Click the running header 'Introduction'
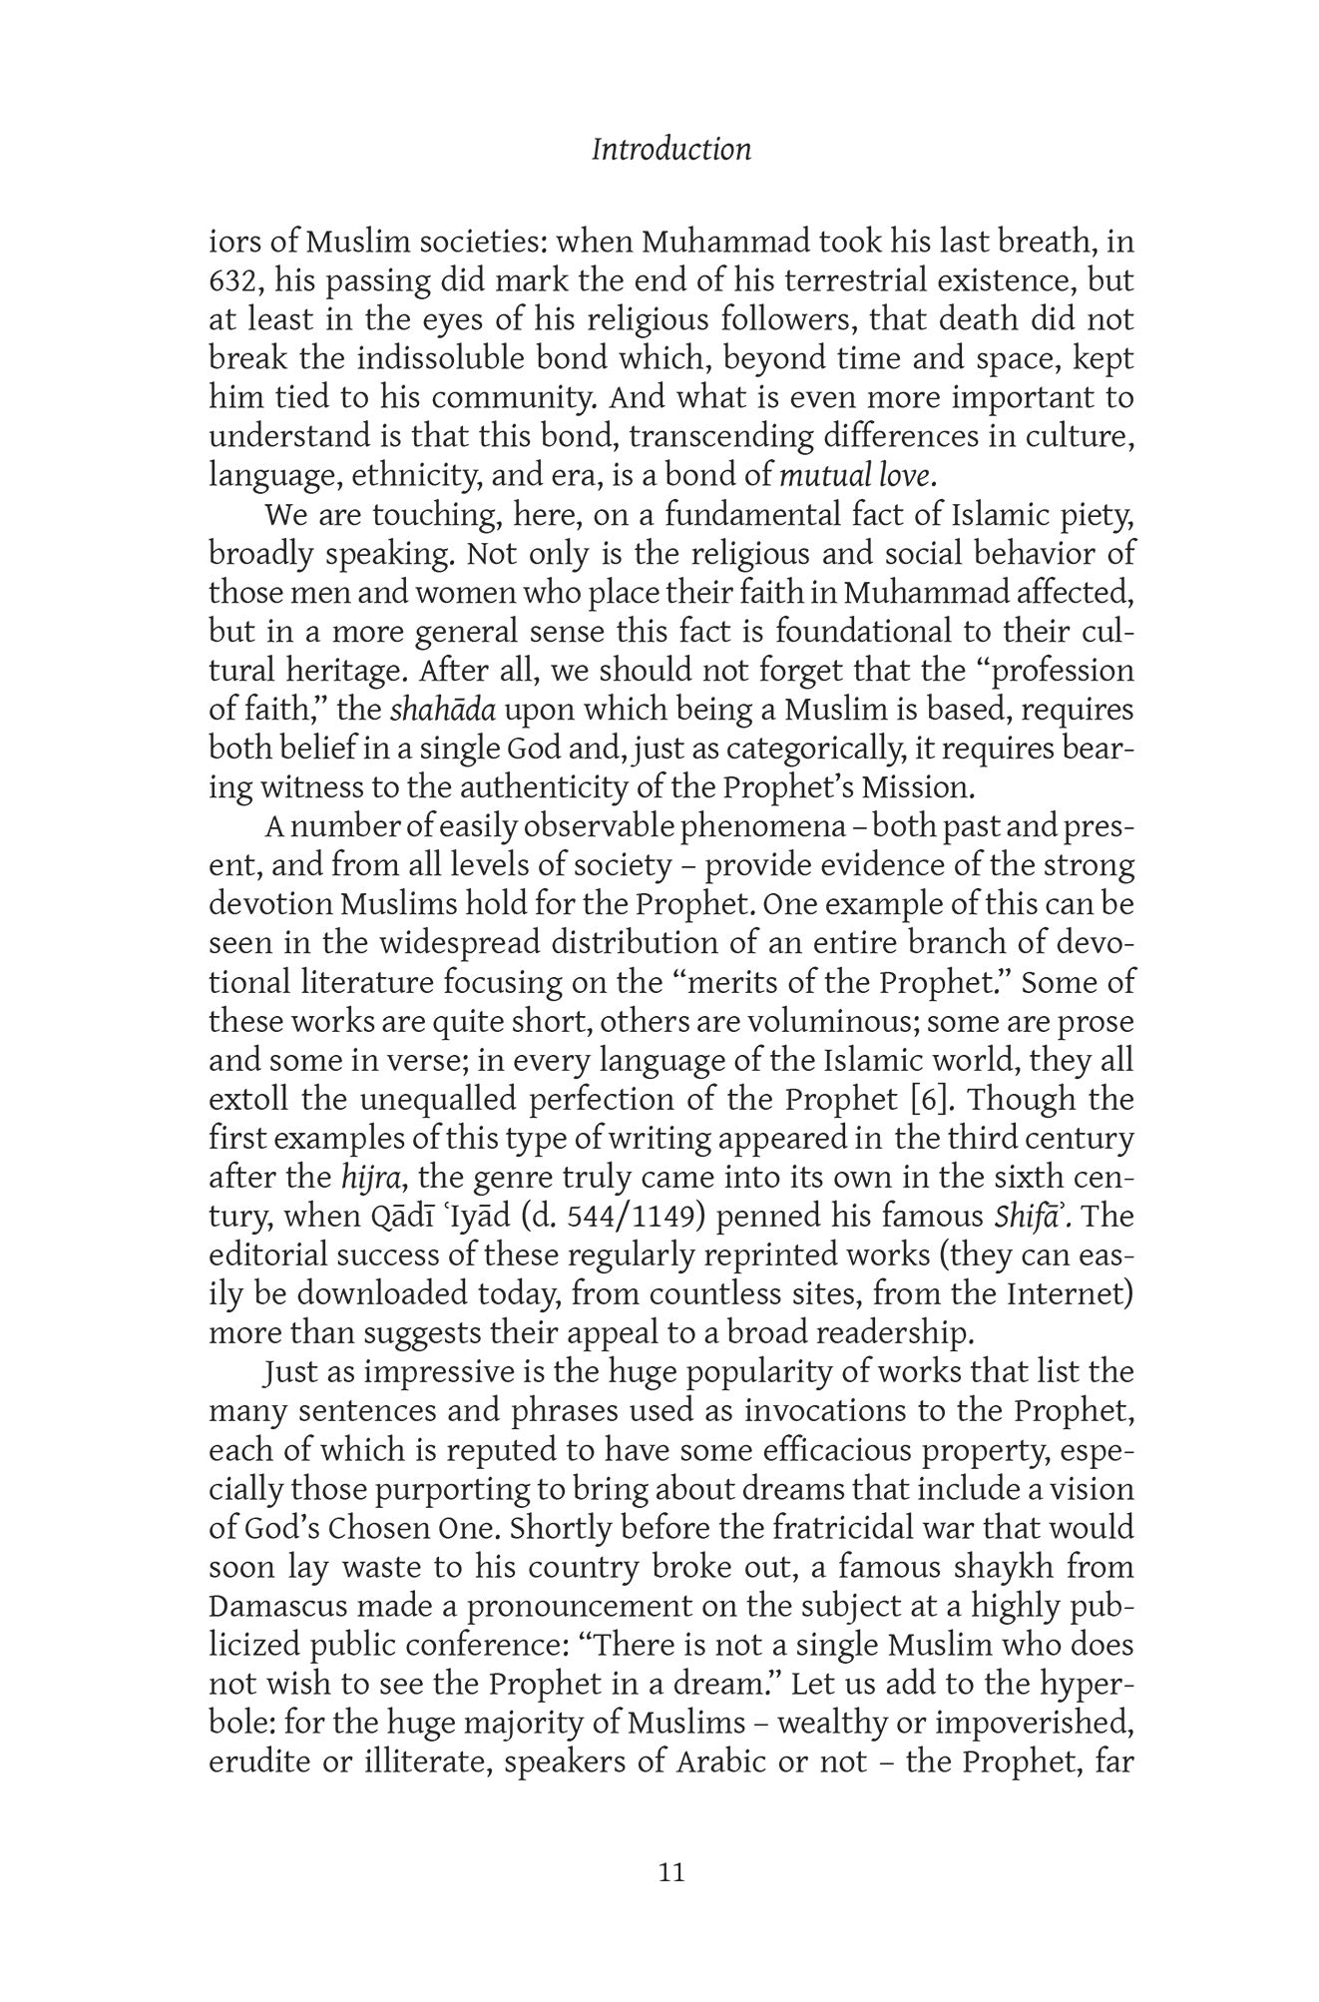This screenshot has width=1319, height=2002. pos(670,150)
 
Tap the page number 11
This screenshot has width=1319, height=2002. pos(672,1872)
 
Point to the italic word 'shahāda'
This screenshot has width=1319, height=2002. pos(442,711)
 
